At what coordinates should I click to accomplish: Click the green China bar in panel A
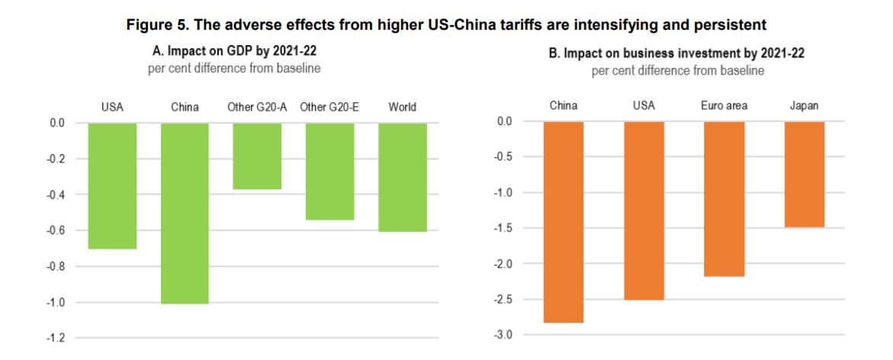pyautogui.click(x=185, y=214)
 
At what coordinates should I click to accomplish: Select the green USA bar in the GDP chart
pyautogui.click(x=112, y=185)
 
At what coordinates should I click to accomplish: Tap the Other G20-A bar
pyautogui.click(x=257, y=156)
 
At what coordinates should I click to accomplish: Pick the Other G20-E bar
pyautogui.click(x=329, y=171)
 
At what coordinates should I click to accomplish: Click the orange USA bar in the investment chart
pyautogui.click(x=644, y=210)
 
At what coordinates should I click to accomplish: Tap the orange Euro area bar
pyautogui.click(x=724, y=198)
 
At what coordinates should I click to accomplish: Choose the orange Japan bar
pyautogui.click(x=804, y=174)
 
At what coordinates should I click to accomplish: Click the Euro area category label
pyautogui.click(x=724, y=105)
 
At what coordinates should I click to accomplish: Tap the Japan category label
pyautogui.click(x=804, y=105)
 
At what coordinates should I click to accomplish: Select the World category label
pyautogui.click(x=402, y=107)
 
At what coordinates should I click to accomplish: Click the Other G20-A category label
pyautogui.click(x=257, y=107)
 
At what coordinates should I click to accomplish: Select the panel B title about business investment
pyautogui.click(x=678, y=54)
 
